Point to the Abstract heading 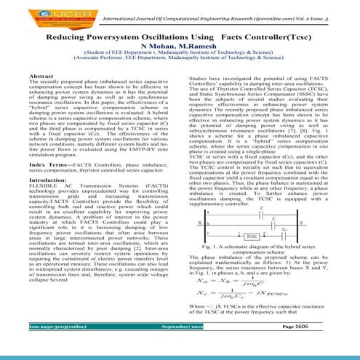pos(60,75)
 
